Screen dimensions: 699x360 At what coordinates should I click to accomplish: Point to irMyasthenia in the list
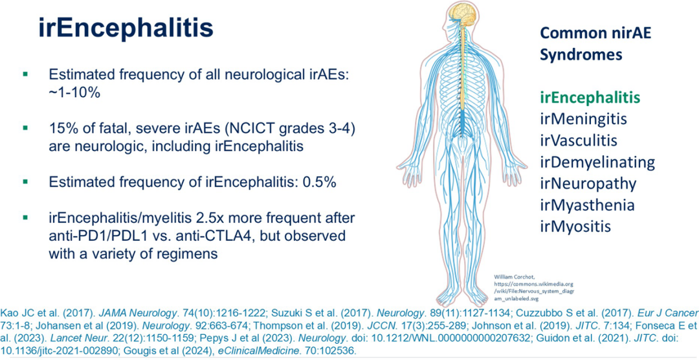coord(587,205)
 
